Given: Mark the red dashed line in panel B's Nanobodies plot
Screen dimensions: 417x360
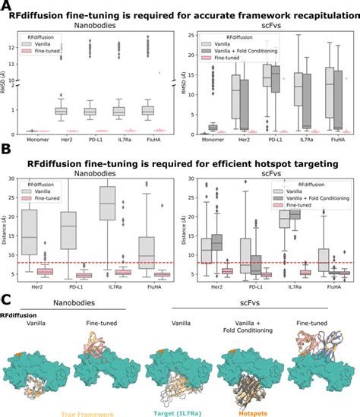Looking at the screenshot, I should point(99,263).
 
